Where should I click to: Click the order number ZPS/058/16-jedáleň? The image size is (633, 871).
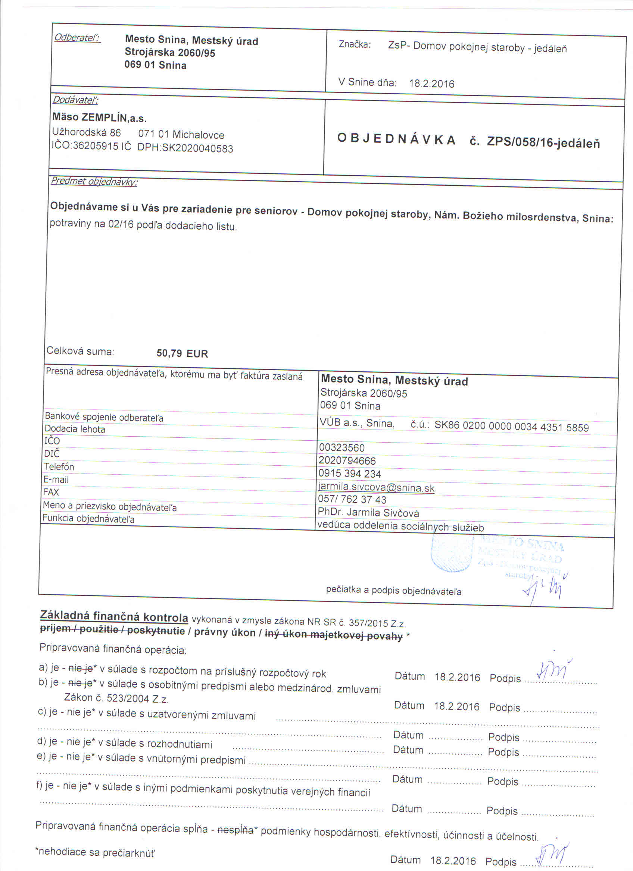click(x=543, y=143)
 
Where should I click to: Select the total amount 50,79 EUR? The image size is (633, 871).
click(x=182, y=353)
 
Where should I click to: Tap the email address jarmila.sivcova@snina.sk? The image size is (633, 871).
click(x=376, y=488)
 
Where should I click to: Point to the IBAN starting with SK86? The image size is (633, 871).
click(x=511, y=427)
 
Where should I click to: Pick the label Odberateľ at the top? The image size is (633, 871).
click(x=77, y=38)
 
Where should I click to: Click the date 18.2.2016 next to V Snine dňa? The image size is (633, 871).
click(x=431, y=84)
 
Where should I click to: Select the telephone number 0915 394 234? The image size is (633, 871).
click(x=349, y=474)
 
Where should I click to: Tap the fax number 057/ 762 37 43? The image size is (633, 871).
click(x=352, y=500)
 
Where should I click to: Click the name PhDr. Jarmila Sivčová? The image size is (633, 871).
click(x=368, y=513)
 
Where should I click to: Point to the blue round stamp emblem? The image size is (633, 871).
click(x=452, y=553)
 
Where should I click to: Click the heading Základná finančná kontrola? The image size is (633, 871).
click(x=114, y=616)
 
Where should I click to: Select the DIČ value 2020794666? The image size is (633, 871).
click(x=347, y=460)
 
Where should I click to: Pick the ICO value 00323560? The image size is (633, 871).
click(x=342, y=447)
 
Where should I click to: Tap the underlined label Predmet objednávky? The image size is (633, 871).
click(x=94, y=181)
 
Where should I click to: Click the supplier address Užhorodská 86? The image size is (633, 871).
click(x=87, y=132)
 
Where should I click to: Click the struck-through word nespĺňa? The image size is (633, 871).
click(x=236, y=830)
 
